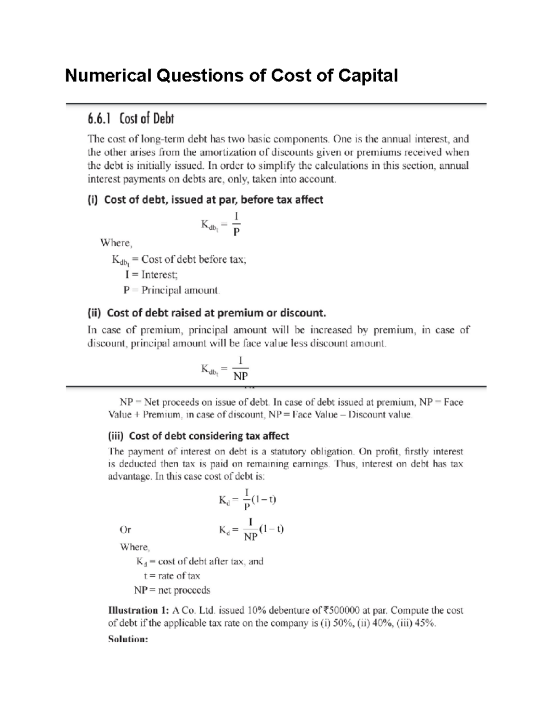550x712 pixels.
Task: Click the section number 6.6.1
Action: coord(99,119)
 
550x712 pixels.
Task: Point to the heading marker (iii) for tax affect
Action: coord(116,436)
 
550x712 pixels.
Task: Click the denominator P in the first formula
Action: coord(236,232)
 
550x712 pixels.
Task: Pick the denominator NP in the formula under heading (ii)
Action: coord(240,376)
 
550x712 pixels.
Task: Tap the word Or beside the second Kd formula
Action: coord(125,530)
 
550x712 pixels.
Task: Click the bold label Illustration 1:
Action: coord(139,611)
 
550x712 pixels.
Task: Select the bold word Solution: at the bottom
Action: coord(128,639)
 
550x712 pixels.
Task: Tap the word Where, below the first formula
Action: coord(116,243)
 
